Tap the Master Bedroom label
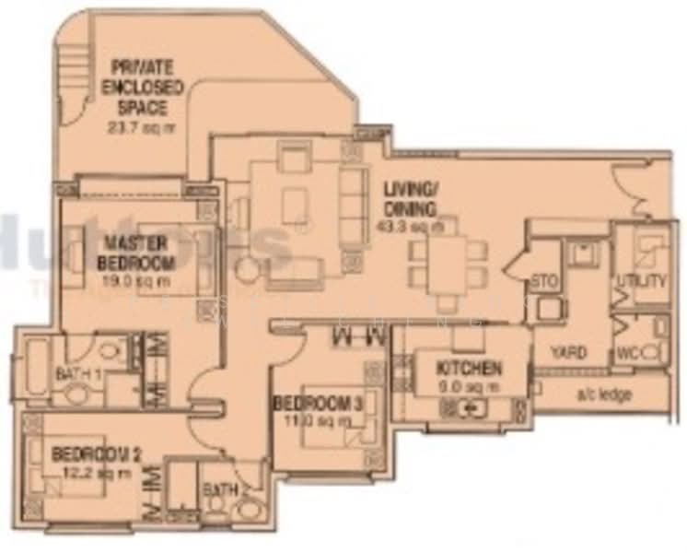click(x=134, y=251)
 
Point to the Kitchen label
click(x=470, y=369)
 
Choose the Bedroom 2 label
click(x=96, y=453)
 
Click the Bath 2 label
click(x=220, y=488)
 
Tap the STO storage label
click(x=545, y=281)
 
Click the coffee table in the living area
click(x=297, y=205)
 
